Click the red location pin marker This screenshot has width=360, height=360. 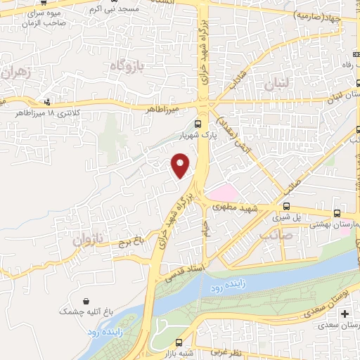(x=181, y=166)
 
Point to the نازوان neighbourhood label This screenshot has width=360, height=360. (x=87, y=239)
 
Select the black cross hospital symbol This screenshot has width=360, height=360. (x=345, y=313)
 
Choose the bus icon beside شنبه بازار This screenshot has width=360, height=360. (x=171, y=345)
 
